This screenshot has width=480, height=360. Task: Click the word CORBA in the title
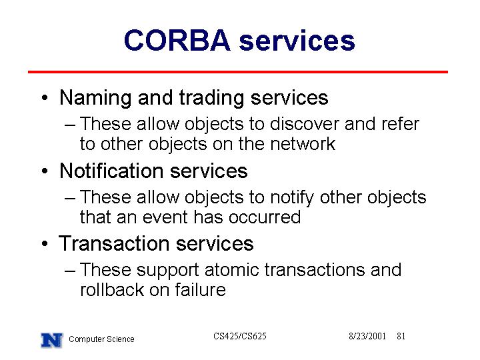coord(177,41)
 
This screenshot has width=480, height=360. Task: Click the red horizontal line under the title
coord(238,72)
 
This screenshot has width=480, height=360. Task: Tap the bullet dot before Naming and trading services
coord(45,98)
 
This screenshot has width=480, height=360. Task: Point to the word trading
coord(211,99)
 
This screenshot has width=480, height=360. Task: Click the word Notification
coord(111,171)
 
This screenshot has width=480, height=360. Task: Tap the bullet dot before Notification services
coord(45,171)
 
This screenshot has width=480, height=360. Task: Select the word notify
coord(292,197)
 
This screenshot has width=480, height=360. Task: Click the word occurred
coord(265,217)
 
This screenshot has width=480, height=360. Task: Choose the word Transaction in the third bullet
coord(114,243)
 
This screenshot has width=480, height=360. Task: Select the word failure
coord(200,289)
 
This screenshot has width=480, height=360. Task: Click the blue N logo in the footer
coord(52,341)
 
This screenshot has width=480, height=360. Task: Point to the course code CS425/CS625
coord(240,337)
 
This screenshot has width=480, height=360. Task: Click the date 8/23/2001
coord(367,337)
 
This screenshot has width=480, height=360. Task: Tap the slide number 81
coord(401,337)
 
